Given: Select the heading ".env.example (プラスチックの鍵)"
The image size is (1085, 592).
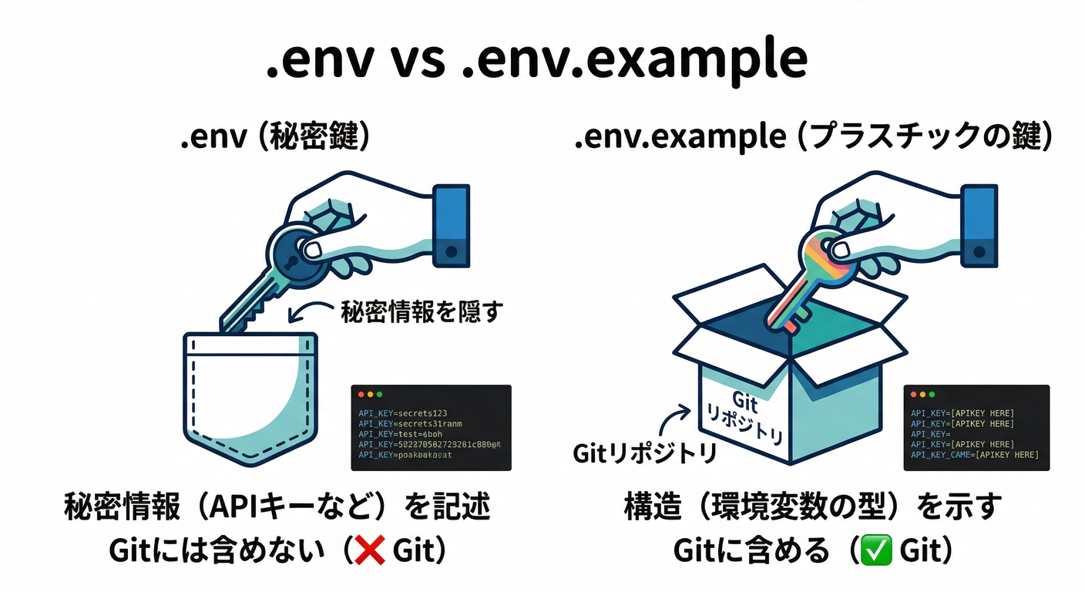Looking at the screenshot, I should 813,138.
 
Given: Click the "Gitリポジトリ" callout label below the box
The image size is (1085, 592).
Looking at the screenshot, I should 644,453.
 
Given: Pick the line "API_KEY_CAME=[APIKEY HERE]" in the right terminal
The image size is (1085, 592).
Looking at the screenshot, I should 974,455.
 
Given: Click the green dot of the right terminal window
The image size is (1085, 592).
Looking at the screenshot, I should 930,394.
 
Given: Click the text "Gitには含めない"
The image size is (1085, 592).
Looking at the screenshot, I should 217,551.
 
